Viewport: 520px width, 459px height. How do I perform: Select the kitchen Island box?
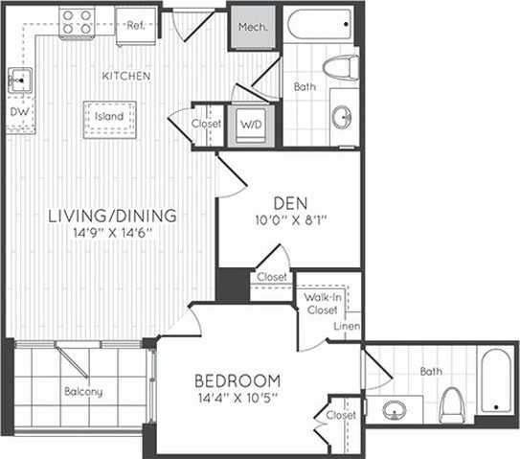tap(107, 118)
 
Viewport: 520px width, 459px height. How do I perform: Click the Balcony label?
tap(83, 392)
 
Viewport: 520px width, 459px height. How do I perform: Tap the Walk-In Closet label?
tap(322, 305)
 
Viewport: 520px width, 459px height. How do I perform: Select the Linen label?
tap(347, 328)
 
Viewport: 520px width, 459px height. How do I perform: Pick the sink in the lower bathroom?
tap(395, 411)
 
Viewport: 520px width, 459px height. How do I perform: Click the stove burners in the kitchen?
tap(76, 20)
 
